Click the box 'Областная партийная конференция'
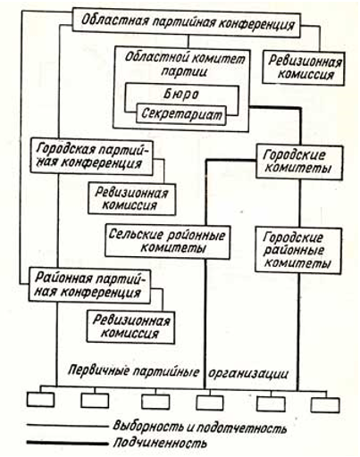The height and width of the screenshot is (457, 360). [187, 23]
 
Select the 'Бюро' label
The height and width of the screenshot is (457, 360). [181, 95]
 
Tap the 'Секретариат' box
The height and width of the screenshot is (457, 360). [181, 114]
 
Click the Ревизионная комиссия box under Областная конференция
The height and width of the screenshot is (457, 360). [304, 69]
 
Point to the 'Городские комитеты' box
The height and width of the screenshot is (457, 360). [299, 162]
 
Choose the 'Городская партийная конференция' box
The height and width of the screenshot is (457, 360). [92, 157]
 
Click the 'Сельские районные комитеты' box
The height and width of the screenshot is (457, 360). [167, 242]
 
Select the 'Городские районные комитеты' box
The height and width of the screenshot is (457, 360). [298, 251]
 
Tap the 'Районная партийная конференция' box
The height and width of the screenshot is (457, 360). [89, 286]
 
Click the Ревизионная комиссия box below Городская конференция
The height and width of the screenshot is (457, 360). [132, 199]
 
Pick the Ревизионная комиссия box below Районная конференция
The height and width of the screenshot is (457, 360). [130, 327]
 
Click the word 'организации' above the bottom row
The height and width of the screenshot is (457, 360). [248, 373]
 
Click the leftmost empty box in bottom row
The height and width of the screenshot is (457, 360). [40, 400]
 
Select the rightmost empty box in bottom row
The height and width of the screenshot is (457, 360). [325, 405]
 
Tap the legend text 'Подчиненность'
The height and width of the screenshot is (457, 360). [160, 443]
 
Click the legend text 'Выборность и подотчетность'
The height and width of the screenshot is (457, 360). [200, 428]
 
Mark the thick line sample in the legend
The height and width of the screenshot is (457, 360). [67, 444]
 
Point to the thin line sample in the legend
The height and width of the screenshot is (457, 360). [68, 426]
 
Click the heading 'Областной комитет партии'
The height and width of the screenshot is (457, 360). [185, 64]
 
